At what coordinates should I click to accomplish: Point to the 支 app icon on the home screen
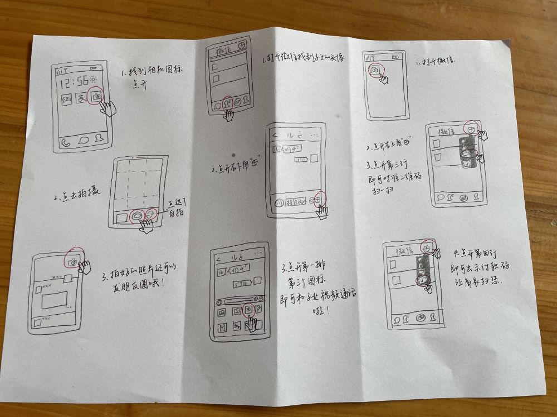point(81,99)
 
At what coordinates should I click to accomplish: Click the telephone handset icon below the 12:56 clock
point(67,141)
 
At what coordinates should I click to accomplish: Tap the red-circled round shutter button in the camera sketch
point(135,216)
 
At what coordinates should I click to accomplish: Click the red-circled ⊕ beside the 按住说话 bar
point(319,199)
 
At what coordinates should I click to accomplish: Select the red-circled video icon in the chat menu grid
point(249,310)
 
